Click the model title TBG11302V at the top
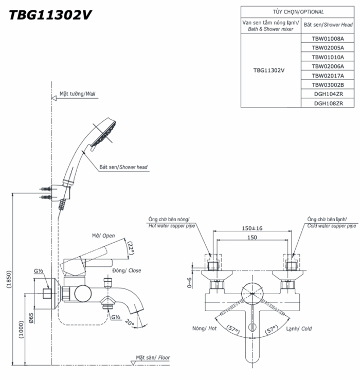coord(49,15)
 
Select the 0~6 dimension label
coord(190,284)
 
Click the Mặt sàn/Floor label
coord(153,358)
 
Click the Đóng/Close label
coord(127,270)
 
